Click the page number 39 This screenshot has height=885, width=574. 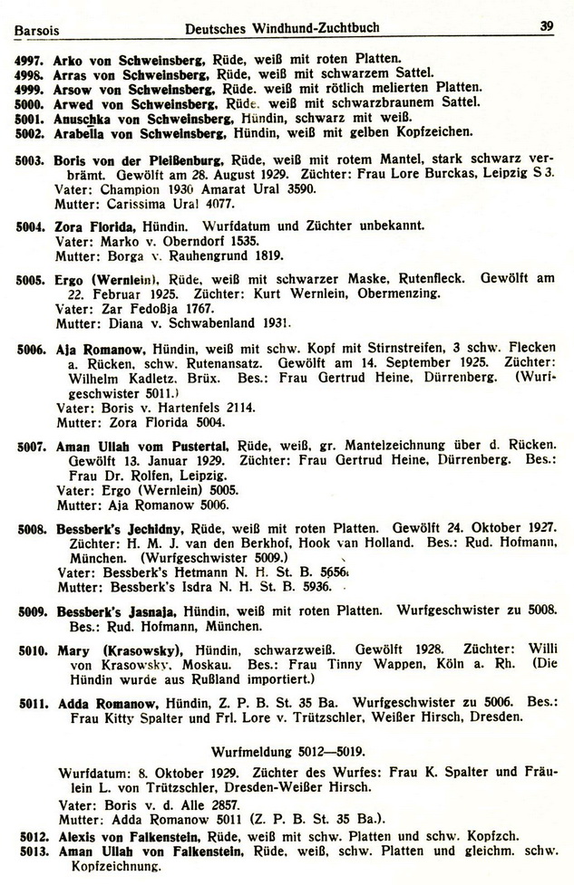(x=546, y=26)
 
